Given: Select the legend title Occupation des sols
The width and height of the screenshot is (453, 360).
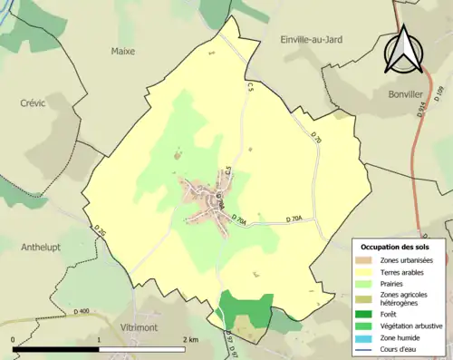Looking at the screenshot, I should pyautogui.click(x=398, y=247).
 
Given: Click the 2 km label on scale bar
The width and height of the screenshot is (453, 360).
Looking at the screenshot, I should pyautogui.click(x=189, y=339).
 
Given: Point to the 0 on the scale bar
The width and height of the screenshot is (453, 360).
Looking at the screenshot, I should pyautogui.click(x=14, y=339).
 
